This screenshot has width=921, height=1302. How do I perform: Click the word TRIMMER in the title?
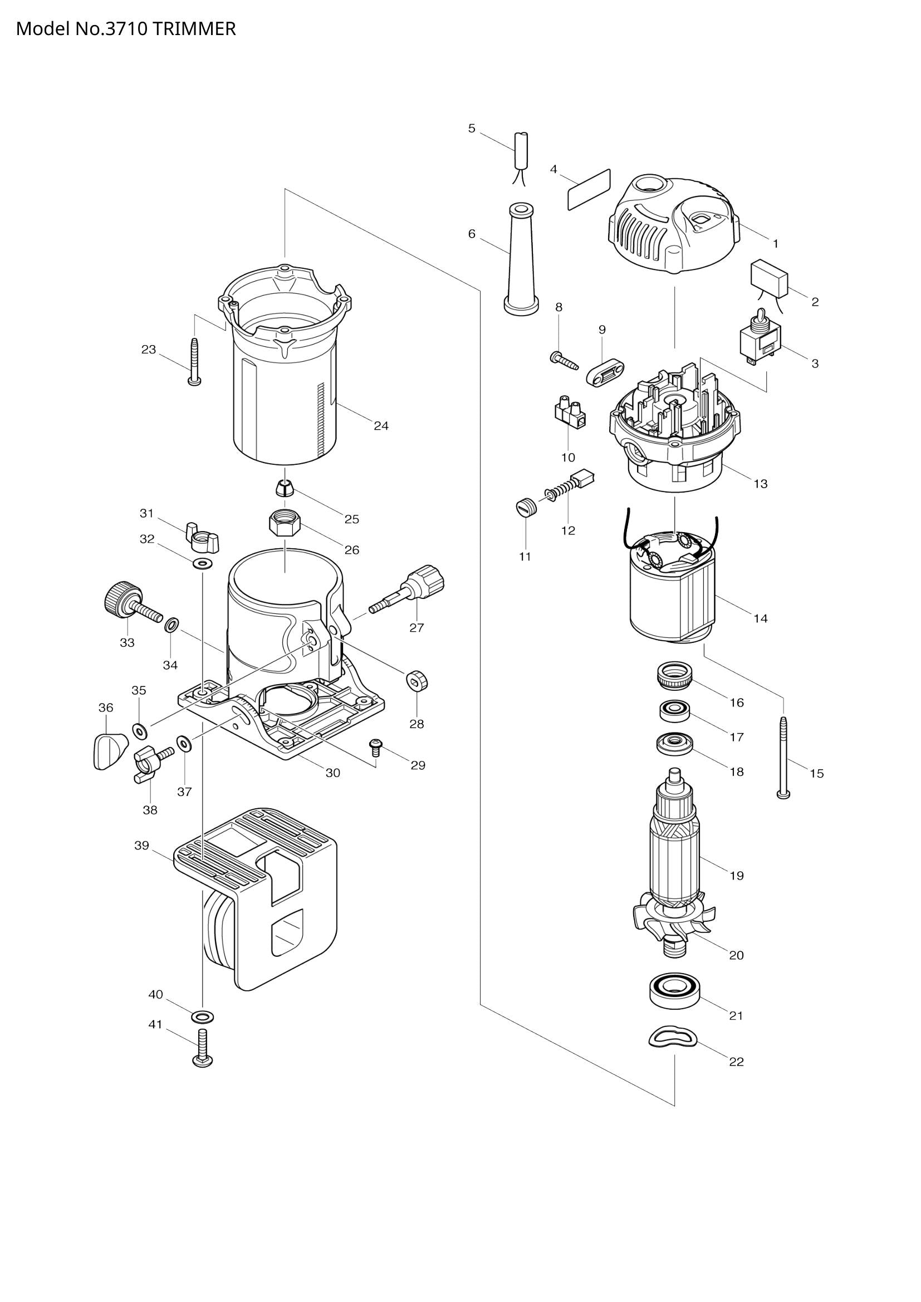[193, 29]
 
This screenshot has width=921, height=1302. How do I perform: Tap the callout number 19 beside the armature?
[736, 876]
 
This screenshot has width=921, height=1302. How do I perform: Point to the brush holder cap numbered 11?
[526, 507]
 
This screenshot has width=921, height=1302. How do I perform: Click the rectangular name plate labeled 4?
[589, 189]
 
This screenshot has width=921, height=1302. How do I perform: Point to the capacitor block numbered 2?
[769, 278]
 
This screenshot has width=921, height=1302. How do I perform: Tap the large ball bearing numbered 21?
[674, 990]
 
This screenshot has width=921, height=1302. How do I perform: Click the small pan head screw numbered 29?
[375, 747]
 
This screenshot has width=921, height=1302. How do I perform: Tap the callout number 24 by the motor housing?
[381, 426]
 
